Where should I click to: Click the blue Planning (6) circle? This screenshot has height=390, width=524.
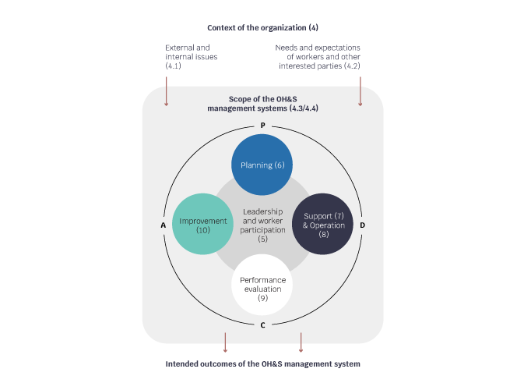click(x=262, y=165)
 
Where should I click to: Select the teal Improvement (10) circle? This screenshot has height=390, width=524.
click(x=202, y=224)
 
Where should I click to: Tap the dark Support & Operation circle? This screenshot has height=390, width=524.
click(x=323, y=224)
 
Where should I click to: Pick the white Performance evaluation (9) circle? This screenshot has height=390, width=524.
click(x=262, y=285)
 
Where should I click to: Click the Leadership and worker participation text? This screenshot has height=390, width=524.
click(x=262, y=225)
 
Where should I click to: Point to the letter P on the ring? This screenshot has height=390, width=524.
click(x=262, y=126)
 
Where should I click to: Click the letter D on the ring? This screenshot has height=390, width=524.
click(x=362, y=225)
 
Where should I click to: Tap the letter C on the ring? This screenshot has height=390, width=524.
click(x=262, y=325)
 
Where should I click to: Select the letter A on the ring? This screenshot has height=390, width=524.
click(x=163, y=225)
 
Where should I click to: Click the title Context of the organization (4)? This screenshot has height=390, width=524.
click(x=262, y=28)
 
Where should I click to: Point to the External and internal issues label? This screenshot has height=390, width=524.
click(x=192, y=57)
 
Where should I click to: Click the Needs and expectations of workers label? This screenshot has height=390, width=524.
click(x=318, y=57)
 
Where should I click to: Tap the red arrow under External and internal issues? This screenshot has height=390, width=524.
click(x=166, y=91)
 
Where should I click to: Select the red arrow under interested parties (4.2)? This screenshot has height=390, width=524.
click(x=360, y=91)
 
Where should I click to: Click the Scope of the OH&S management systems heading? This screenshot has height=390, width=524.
click(x=262, y=104)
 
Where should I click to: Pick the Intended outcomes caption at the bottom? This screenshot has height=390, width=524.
click(x=262, y=364)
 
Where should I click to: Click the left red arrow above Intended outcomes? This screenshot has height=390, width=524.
click(x=225, y=342)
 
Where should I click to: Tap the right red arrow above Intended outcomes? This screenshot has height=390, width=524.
click(x=301, y=342)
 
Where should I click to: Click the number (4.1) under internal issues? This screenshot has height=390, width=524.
click(x=173, y=66)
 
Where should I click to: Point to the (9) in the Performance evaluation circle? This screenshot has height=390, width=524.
click(x=262, y=298)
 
